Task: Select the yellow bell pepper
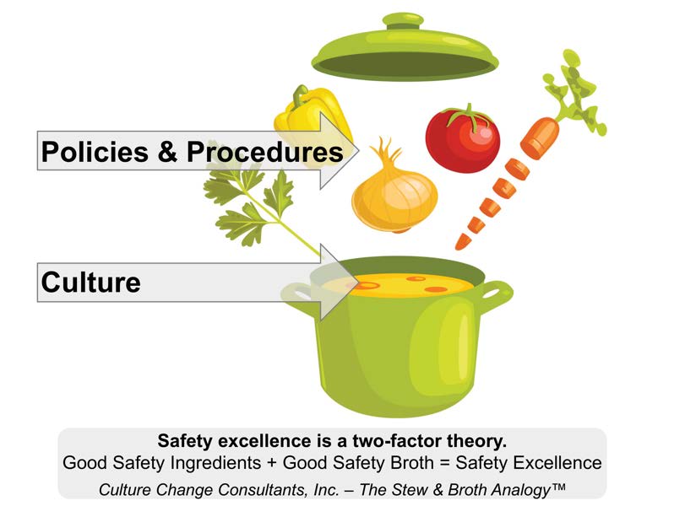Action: pos(313,122)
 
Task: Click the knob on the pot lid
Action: pos(403,21)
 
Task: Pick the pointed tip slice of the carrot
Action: pos(460,242)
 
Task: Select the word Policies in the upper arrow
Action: pos(95,152)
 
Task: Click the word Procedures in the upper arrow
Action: pos(264,152)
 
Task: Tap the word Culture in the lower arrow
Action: pos(91,283)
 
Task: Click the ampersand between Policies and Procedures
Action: pos(168,152)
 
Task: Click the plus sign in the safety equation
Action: pos(271,463)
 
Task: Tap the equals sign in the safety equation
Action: pos(445,463)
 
